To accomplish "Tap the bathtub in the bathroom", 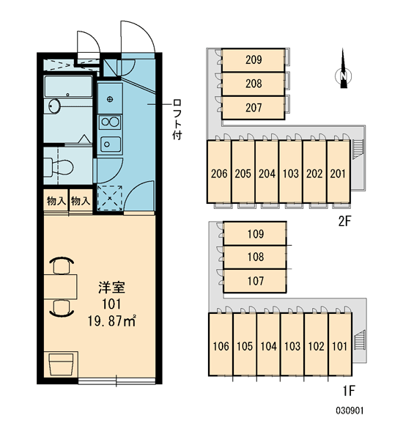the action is (x=68, y=86).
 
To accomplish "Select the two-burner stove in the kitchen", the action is (x=110, y=122).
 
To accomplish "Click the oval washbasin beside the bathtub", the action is (x=54, y=106).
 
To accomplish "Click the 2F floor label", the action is (x=344, y=221).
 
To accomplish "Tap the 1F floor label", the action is (x=349, y=391).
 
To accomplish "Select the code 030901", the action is (x=350, y=411).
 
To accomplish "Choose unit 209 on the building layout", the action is (x=254, y=59).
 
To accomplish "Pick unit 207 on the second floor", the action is (x=254, y=108).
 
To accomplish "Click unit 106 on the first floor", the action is (x=221, y=346).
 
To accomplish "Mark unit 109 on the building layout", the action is (x=256, y=233).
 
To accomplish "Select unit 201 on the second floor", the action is (x=338, y=173).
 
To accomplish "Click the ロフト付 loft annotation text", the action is (x=177, y=119).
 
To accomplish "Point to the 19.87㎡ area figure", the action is (x=111, y=320).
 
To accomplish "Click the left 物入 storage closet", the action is (x=56, y=200).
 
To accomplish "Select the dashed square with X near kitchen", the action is (x=110, y=197).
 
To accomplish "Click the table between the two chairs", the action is (x=60, y=287).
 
